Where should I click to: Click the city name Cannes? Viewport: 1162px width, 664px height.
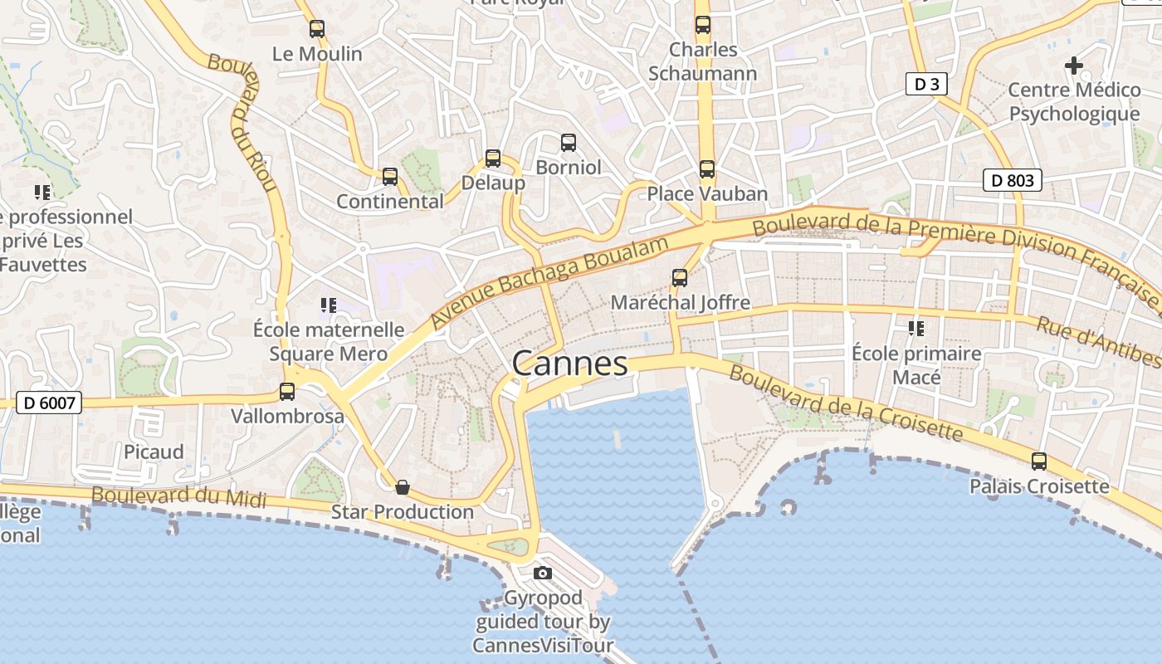[569, 364]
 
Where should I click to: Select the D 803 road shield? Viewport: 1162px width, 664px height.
[1012, 180]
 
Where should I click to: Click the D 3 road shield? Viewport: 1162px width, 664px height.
[926, 84]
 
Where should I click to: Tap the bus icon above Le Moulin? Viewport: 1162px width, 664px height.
[317, 29]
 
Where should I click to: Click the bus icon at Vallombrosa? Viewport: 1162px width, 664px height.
[287, 391]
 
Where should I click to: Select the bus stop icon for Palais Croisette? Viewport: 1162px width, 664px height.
[1039, 461]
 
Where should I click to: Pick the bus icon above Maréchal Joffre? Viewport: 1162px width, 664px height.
[680, 277]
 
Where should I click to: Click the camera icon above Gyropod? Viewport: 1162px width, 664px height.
[543, 573]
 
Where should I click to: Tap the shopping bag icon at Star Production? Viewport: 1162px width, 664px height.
[403, 486]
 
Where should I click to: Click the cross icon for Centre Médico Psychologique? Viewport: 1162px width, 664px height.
[1074, 65]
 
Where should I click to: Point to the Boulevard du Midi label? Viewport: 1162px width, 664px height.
[178, 496]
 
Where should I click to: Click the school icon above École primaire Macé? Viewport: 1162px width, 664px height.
[916, 329]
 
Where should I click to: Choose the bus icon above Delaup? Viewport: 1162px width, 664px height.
[493, 158]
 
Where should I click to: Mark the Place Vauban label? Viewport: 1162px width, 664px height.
[707, 193]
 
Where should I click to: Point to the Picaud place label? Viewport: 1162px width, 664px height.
[154, 452]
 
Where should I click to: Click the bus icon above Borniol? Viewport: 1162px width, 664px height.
[569, 143]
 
